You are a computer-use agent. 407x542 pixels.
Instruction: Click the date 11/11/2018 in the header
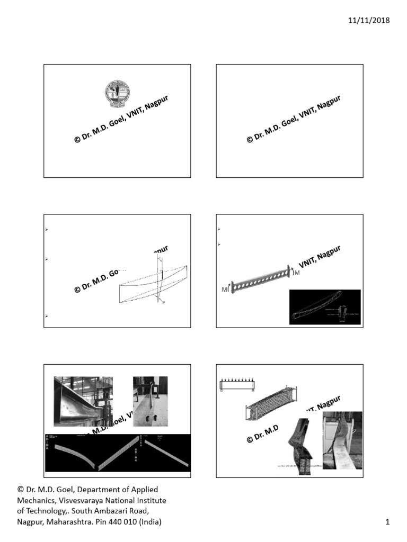pos(369,21)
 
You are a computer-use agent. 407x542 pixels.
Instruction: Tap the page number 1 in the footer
pos(387,522)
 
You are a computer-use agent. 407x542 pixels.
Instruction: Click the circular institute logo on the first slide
pos(117,94)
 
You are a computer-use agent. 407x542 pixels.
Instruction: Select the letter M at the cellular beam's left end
pos(225,290)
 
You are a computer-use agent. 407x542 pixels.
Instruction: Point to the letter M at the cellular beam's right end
pos(297,273)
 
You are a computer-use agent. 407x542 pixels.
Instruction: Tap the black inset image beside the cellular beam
pos(324,306)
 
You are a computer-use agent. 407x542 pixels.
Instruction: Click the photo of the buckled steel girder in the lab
pos(83,401)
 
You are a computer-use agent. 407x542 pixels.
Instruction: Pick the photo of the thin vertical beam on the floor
pos(149,401)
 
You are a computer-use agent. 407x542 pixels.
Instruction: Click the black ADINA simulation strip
pos(118,453)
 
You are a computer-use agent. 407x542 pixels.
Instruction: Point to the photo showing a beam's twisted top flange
pos(342,439)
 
